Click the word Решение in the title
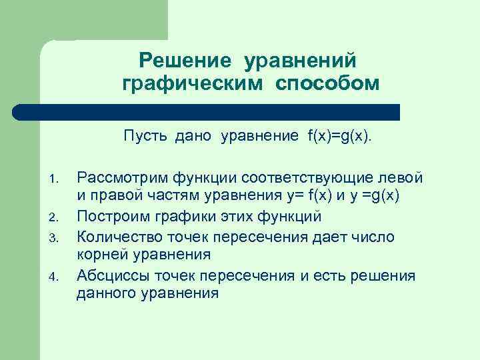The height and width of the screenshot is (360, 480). pyautogui.click(x=185, y=61)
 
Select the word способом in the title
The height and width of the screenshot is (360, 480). pyautogui.click(x=327, y=84)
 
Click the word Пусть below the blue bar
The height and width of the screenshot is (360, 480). pyautogui.click(x=147, y=137)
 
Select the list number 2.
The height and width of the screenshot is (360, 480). pyautogui.click(x=55, y=217)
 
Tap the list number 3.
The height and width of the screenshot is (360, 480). pyautogui.click(x=55, y=237)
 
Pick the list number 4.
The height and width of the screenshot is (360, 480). pyautogui.click(x=55, y=275)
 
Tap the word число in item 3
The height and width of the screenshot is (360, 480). pyautogui.click(x=376, y=236)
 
